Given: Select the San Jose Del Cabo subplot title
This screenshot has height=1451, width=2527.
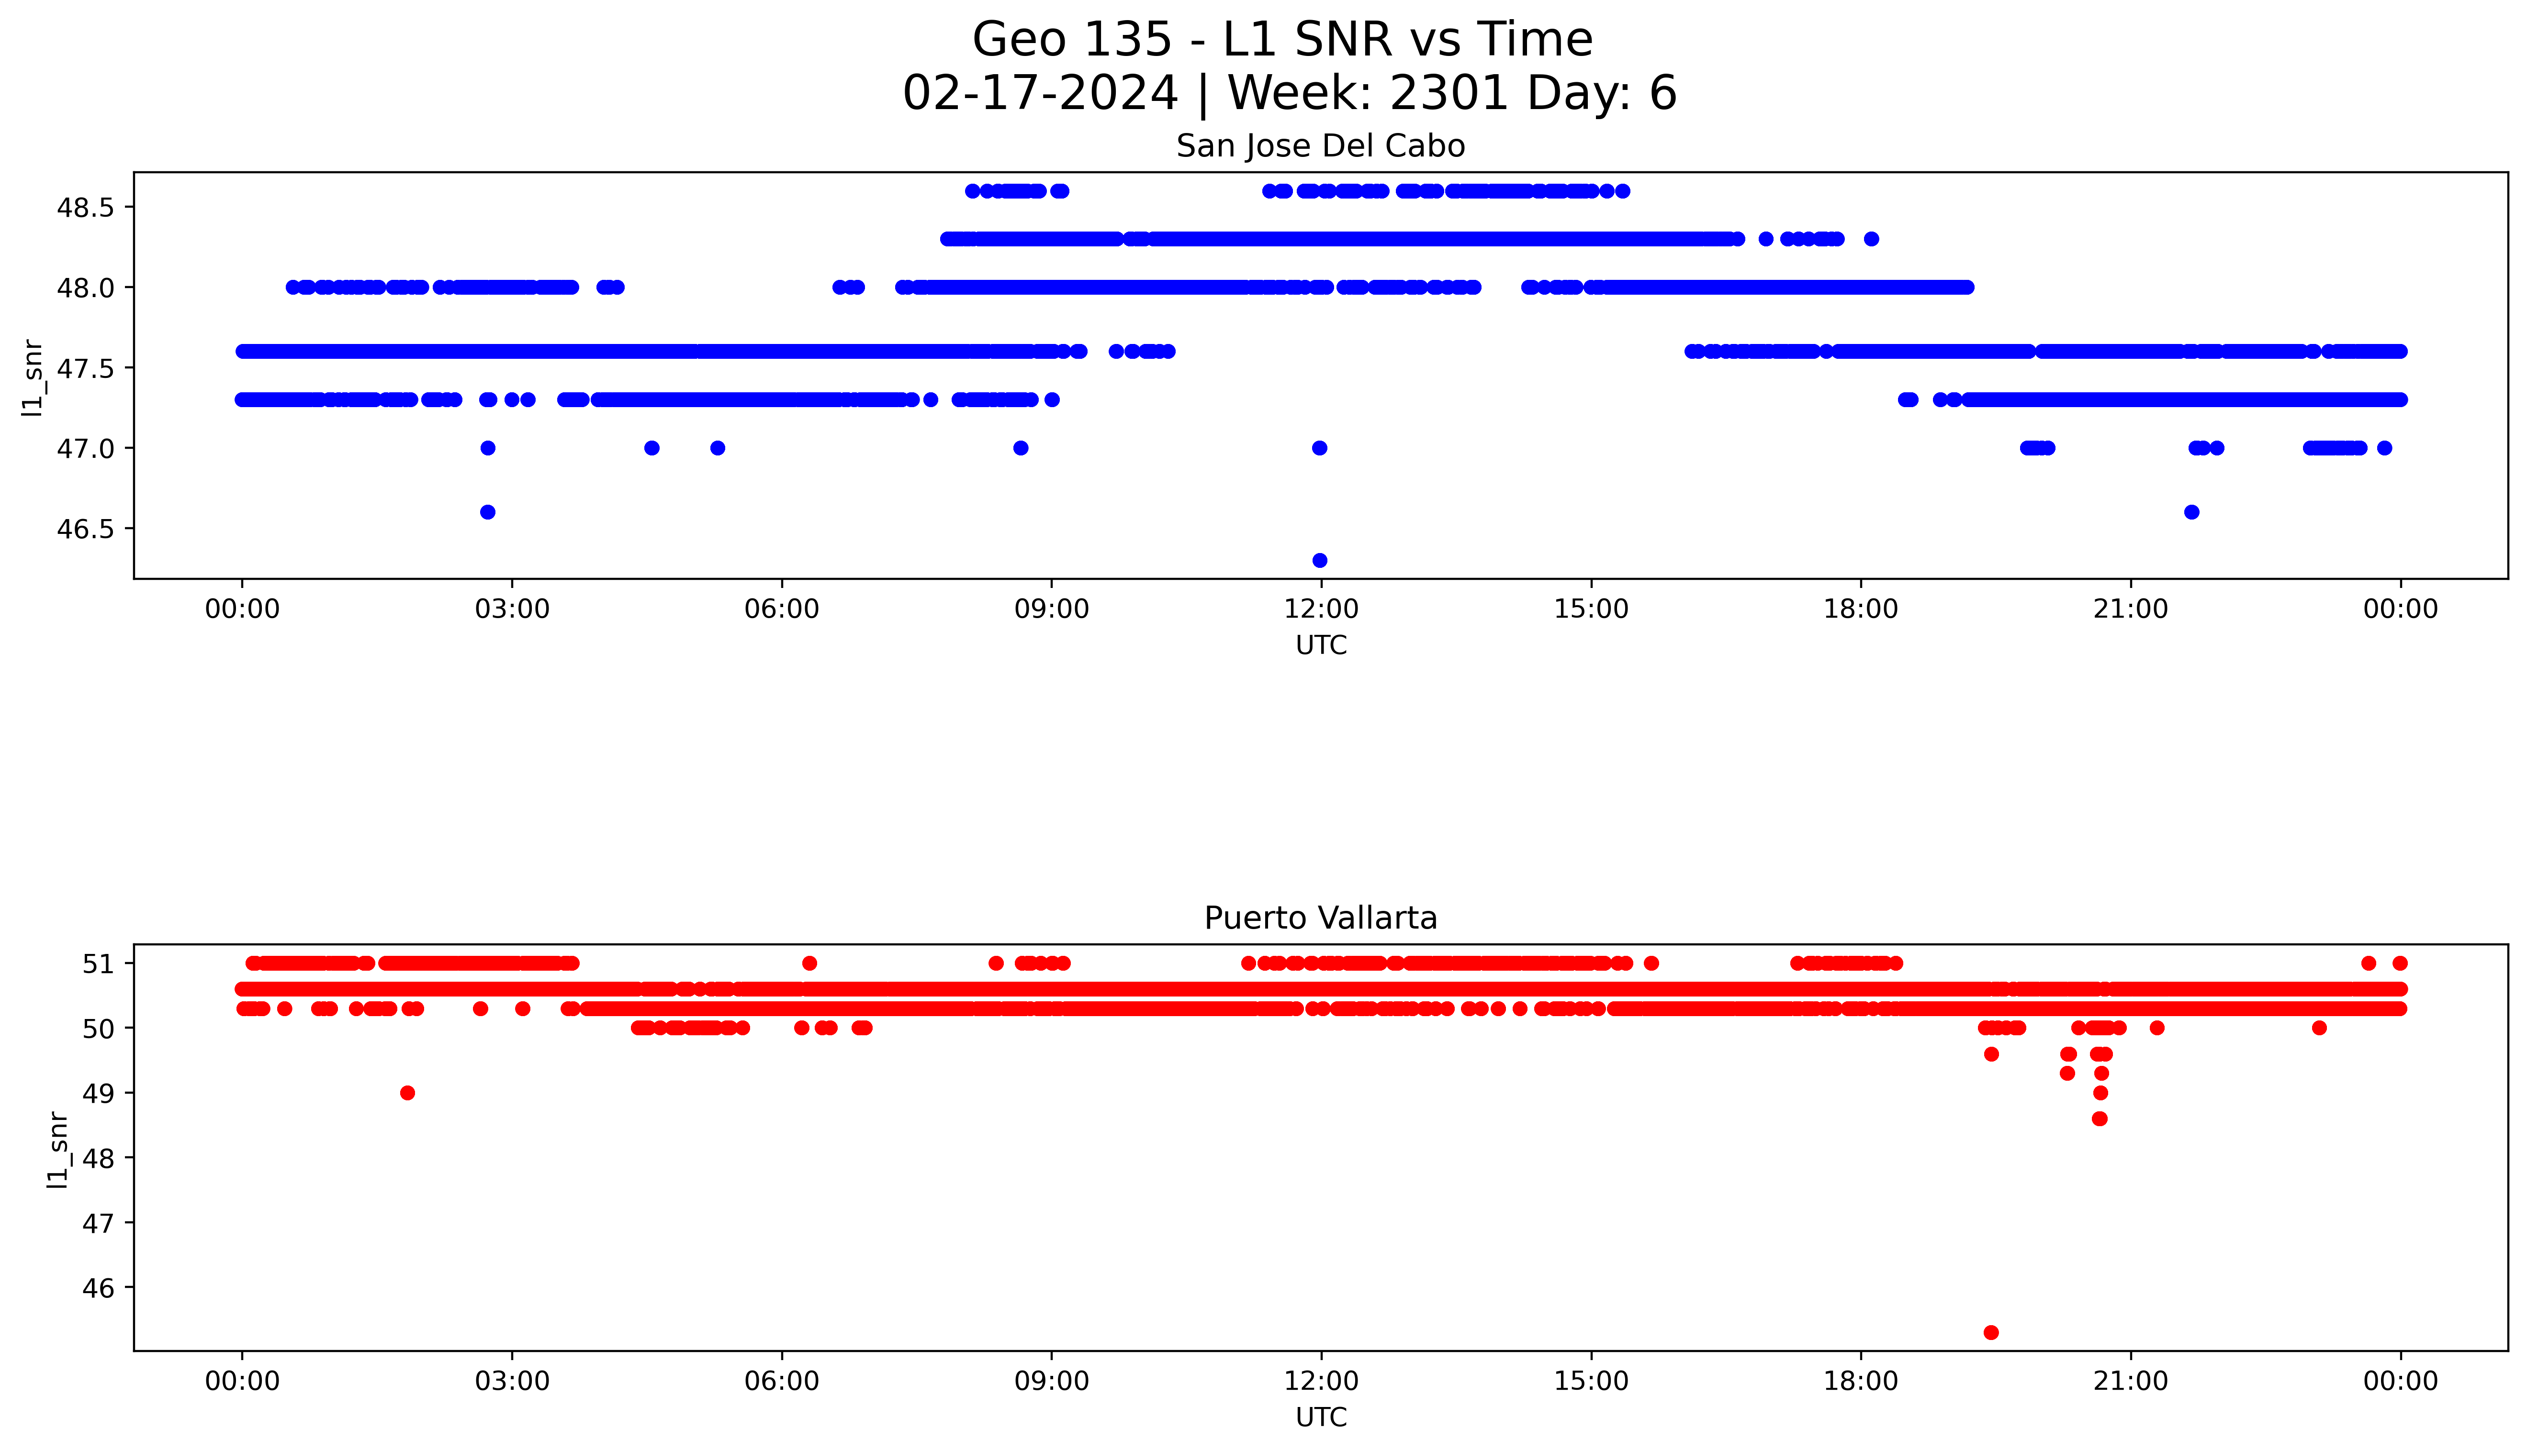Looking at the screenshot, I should pos(1321,146).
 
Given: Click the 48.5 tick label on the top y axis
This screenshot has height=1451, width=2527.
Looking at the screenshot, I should pos(87,207).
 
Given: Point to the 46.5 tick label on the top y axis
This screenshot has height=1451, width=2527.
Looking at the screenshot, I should pos(87,528).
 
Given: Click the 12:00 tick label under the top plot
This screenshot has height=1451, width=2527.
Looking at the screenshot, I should pos(1321,609).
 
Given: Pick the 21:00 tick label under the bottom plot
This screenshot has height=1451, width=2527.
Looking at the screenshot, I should pos(2130,1381).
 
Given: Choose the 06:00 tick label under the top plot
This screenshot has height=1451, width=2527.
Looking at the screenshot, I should pos(782,609).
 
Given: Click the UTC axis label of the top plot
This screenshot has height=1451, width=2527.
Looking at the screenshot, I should pos(1321,646).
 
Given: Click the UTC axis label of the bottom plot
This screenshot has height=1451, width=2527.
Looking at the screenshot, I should pos(1321,1417).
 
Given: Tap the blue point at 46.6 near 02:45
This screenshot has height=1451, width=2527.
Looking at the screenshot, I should pos(487,512).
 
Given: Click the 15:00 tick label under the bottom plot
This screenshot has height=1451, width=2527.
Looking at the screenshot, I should pos(1591,1381).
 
